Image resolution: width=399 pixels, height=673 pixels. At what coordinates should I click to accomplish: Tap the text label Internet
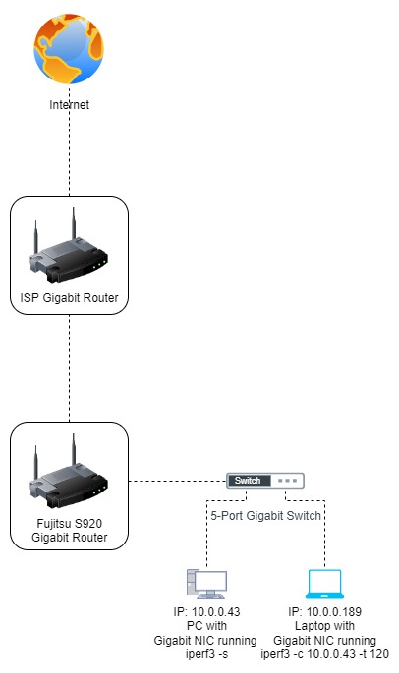coord(69,104)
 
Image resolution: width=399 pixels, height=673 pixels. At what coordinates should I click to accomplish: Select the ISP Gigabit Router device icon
coord(69,248)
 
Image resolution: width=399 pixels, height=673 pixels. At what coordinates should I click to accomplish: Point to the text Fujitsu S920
coord(69,523)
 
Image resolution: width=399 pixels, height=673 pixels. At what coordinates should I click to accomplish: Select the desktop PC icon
coord(205,585)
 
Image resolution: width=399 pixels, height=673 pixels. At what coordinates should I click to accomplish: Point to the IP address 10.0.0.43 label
coord(205,611)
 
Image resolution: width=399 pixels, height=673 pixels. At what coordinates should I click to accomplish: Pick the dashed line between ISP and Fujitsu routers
coord(69,368)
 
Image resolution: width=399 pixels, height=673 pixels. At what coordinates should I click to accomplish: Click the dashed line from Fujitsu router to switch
coord(177,481)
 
